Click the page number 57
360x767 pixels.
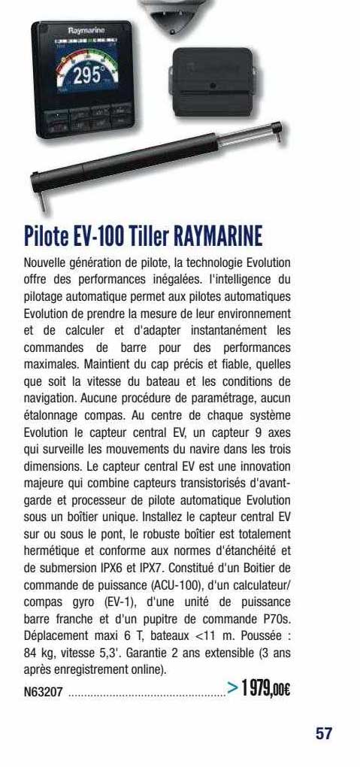tap(324, 733)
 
